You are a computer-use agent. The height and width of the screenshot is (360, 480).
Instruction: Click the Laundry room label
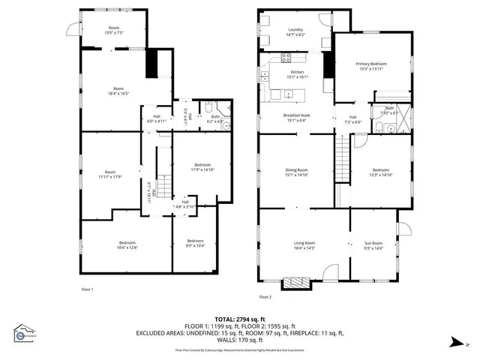pos(295,32)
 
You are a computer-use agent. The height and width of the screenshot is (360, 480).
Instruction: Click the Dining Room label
pos(296,172)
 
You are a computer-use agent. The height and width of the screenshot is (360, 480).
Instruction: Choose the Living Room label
pos(304,245)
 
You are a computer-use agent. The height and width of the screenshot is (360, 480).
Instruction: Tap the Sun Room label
pos(373,245)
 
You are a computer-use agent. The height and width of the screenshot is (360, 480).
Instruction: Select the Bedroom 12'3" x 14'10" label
pos(381,172)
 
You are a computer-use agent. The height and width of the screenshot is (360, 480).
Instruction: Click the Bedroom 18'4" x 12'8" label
pos(127,244)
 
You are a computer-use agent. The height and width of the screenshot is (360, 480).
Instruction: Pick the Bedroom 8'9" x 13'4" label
pos(194,244)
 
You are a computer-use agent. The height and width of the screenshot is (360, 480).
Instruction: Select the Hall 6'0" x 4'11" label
pos(157,118)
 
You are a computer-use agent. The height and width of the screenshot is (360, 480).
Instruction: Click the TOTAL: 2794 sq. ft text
pos(239,319)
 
